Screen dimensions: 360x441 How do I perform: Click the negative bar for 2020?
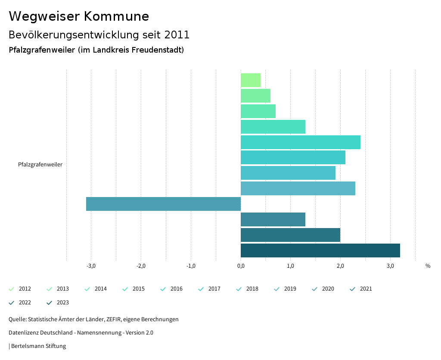pyautogui.click(x=163, y=204)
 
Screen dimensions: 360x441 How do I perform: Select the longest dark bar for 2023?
pyautogui.click(x=320, y=250)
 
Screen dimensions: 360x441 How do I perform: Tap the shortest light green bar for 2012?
pyautogui.click(x=251, y=80)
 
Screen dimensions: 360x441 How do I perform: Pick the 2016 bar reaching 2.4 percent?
pyautogui.click(x=300, y=142)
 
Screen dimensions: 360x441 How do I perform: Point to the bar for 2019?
pyautogui.click(x=298, y=188)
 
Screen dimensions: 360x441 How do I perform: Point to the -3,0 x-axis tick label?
pyautogui.click(x=91, y=266)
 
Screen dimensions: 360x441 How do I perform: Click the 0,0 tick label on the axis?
pyautogui.click(x=241, y=266)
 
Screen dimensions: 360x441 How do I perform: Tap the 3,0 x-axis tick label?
pyautogui.click(x=390, y=266)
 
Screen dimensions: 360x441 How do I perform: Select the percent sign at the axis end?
pyautogui.click(x=428, y=266)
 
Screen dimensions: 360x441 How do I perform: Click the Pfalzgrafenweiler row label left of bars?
pyautogui.click(x=40, y=165)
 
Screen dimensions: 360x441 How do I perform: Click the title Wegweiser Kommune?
pyautogui.click(x=79, y=16)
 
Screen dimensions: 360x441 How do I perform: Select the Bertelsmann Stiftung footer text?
pyautogui.click(x=38, y=346)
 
